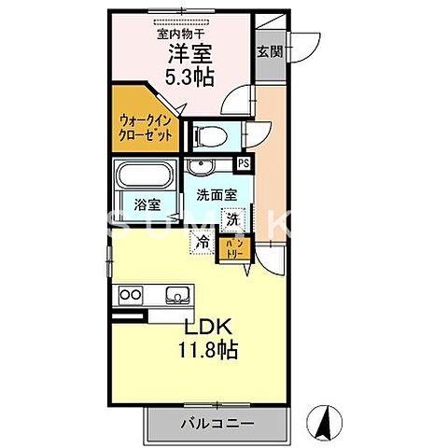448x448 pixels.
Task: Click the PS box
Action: click(245, 163)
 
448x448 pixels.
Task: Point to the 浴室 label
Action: click(144, 204)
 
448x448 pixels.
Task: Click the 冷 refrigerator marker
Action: click(203, 241)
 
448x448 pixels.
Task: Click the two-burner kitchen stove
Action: click(129, 296)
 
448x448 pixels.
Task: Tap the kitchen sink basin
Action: click(177, 296)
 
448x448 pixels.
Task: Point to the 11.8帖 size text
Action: click(207, 352)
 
